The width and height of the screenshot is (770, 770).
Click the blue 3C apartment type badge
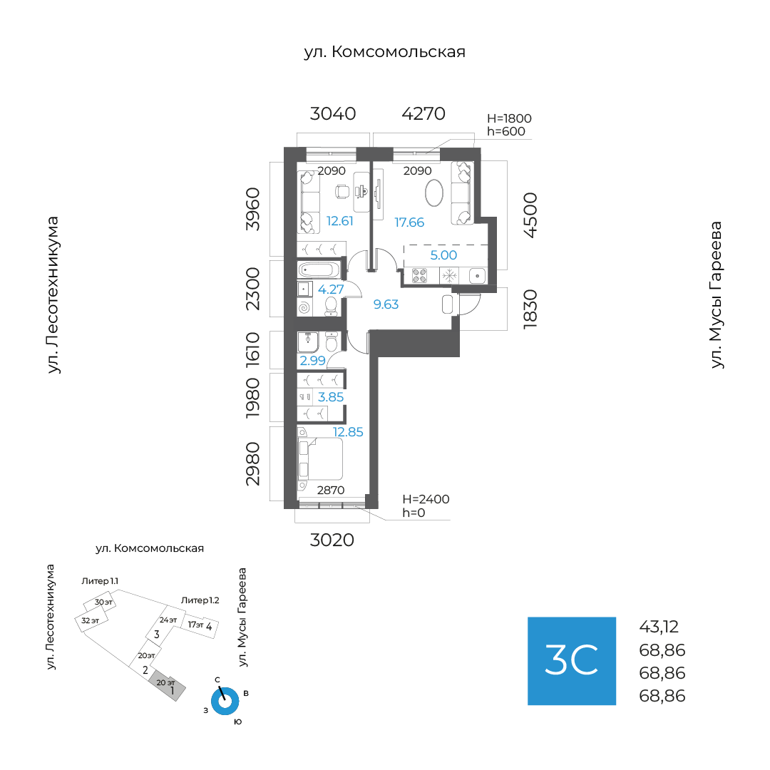click(x=571, y=661)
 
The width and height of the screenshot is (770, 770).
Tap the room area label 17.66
click(x=409, y=222)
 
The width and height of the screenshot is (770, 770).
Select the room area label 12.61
click(x=340, y=221)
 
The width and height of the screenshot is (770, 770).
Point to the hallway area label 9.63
click(x=386, y=304)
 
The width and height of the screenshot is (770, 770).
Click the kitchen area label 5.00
click(x=443, y=255)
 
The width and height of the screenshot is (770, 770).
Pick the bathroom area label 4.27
click(x=331, y=289)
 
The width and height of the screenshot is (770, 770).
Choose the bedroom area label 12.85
click(x=349, y=432)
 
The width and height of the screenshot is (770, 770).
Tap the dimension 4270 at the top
click(x=423, y=113)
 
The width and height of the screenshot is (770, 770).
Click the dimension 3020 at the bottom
click(x=332, y=540)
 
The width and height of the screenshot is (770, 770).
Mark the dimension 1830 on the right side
click(x=530, y=309)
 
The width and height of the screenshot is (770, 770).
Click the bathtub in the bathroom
click(x=319, y=270)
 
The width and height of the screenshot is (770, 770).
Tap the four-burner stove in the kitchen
click(x=419, y=275)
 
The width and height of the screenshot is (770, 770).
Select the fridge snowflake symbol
click(x=449, y=275)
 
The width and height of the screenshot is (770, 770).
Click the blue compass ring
click(x=225, y=701)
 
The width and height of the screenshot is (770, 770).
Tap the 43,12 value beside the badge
click(x=659, y=627)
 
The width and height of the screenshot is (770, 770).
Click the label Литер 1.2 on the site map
click(x=200, y=600)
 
